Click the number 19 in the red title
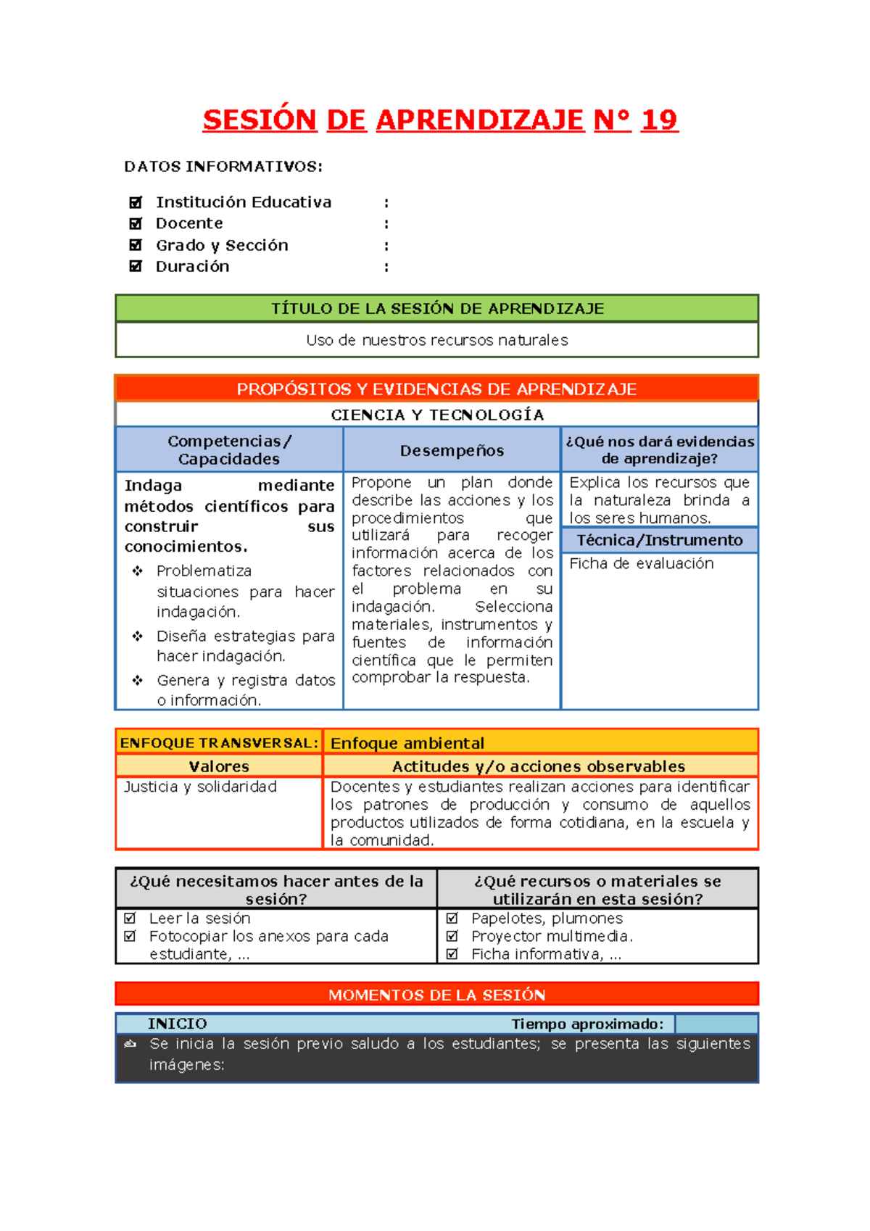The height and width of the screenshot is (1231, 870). click(x=659, y=120)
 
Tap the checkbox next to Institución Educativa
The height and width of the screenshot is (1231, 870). click(x=136, y=203)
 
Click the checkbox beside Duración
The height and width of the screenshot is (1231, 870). click(x=136, y=266)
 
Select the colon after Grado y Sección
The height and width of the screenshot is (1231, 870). click(x=386, y=246)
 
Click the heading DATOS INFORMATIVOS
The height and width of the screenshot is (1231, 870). click(x=223, y=167)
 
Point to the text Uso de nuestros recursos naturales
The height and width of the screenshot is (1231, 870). click(x=436, y=340)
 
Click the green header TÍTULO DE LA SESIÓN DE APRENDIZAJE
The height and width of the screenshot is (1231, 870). click(x=436, y=309)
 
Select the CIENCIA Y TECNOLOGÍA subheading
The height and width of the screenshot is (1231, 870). click(x=436, y=415)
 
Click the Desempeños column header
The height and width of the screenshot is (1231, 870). click(x=452, y=450)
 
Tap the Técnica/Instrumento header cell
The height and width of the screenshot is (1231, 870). click(x=659, y=540)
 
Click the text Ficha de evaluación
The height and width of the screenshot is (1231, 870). click(x=641, y=563)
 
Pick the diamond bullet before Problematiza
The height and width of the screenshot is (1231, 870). click(x=138, y=571)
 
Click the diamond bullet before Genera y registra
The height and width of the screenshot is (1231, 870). click(x=138, y=680)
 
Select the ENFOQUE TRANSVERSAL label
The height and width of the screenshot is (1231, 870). click(x=219, y=743)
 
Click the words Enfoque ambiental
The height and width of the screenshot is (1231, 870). click(x=407, y=743)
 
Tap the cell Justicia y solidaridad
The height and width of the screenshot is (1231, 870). click(x=200, y=787)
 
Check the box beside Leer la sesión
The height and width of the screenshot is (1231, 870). click(x=130, y=918)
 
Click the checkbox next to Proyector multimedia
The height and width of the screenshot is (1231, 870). click(x=452, y=936)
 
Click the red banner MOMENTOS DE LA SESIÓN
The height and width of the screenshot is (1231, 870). click(x=436, y=995)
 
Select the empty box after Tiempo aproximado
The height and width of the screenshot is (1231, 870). click(x=716, y=1024)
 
